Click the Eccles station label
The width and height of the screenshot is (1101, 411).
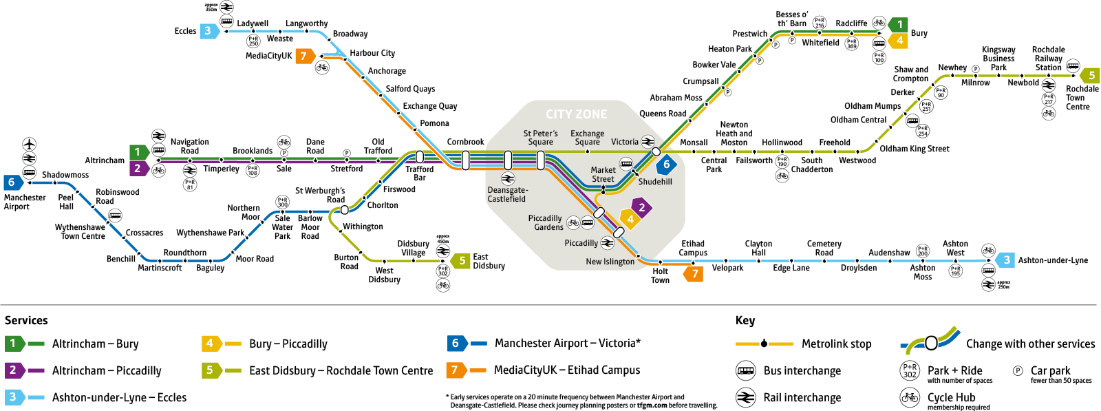point(185,31)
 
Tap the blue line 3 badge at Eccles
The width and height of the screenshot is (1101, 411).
point(209,31)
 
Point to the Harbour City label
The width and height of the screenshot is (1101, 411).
point(372,53)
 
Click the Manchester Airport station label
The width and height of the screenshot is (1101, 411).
point(25,202)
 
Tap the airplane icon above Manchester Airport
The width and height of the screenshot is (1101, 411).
point(29,144)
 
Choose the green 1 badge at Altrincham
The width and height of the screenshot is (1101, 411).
point(138,151)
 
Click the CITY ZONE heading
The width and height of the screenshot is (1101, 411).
point(577,114)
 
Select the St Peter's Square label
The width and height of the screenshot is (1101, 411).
point(540,138)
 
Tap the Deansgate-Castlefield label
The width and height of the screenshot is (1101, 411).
point(507,195)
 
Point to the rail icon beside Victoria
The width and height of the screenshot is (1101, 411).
point(648,142)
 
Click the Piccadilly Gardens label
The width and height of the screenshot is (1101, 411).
point(546,222)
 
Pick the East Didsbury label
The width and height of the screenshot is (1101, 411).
point(489,261)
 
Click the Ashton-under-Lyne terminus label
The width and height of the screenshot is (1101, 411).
point(1053,260)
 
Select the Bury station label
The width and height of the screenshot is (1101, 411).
point(919,33)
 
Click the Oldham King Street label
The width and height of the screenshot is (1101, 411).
point(915,149)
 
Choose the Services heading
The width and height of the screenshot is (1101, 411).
point(26,320)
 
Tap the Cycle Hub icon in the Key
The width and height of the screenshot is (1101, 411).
point(910,397)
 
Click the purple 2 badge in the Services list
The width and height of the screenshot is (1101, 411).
point(14,370)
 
